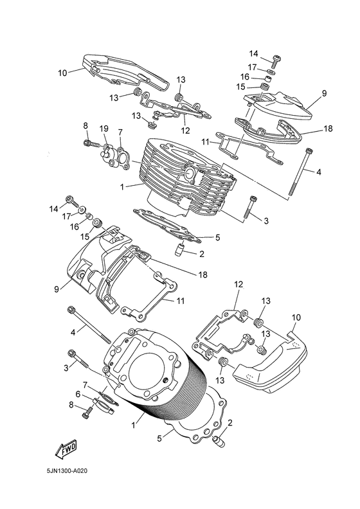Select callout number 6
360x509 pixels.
pyautogui.click(x=78, y=394)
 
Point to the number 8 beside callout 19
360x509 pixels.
pyautogui.click(x=85, y=125)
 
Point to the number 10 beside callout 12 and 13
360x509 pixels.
pyautogui.click(x=296, y=317)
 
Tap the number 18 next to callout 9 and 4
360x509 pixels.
pyautogui.click(x=328, y=129)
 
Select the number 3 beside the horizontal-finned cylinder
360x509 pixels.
pyautogui.click(x=265, y=220)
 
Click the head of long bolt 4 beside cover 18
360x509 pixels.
pyautogui.click(x=310, y=150)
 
